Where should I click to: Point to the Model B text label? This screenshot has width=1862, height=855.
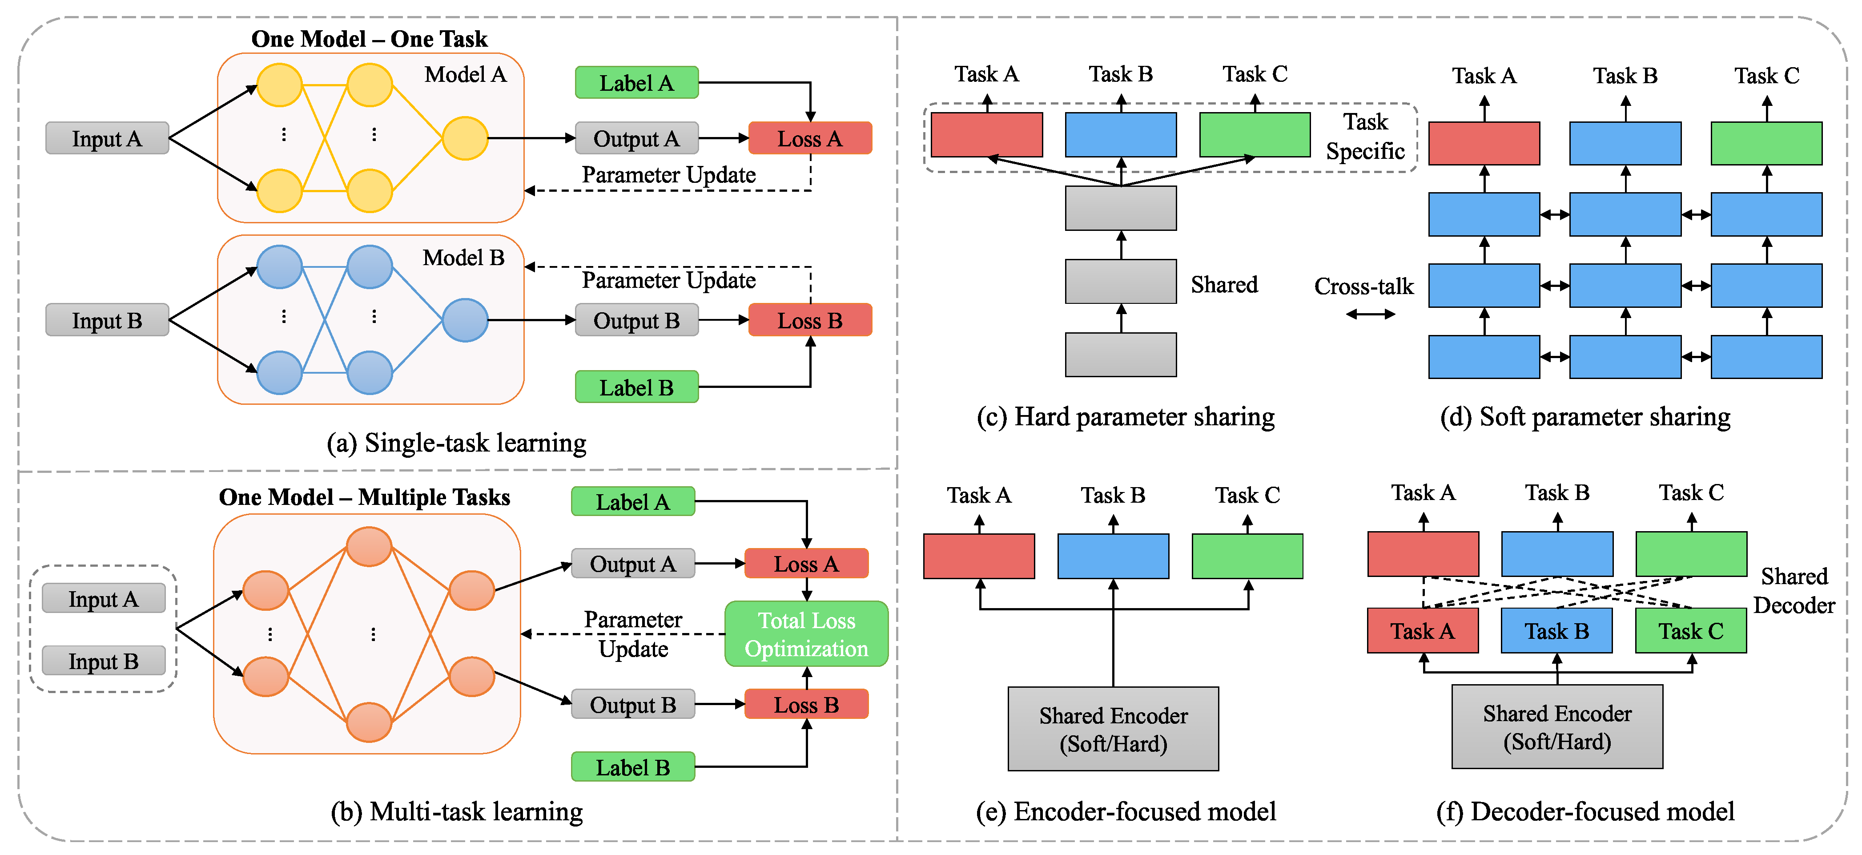tap(463, 258)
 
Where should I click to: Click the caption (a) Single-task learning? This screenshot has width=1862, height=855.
tap(456, 443)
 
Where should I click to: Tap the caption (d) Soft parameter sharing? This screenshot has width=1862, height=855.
tap(1585, 417)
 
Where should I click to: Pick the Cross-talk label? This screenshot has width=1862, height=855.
tap(1363, 286)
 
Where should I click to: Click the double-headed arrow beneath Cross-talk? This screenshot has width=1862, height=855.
tap(1371, 314)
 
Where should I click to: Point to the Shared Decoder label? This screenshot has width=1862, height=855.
tap(1794, 590)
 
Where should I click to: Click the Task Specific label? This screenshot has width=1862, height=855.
tap(1365, 136)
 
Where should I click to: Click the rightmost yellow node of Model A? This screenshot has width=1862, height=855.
tap(465, 138)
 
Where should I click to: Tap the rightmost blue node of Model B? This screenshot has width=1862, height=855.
tap(465, 320)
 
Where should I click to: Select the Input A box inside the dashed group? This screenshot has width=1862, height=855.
tap(103, 598)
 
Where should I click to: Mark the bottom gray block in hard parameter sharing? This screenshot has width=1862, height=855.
tap(1120, 355)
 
